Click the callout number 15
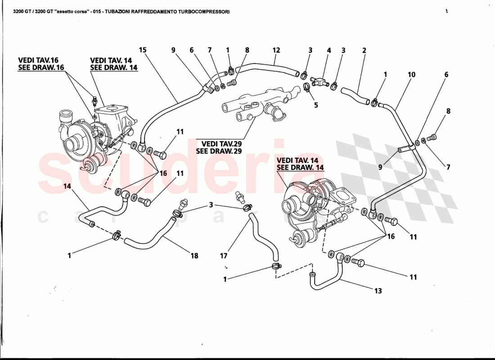(143, 50)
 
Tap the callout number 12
(276, 50)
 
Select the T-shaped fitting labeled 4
(322, 81)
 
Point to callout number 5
(316, 105)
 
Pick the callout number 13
(378, 291)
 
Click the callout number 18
(194, 256)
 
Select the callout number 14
(67, 186)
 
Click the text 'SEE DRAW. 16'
(41, 67)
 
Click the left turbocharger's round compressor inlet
(72, 145)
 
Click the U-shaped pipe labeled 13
(328, 279)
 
